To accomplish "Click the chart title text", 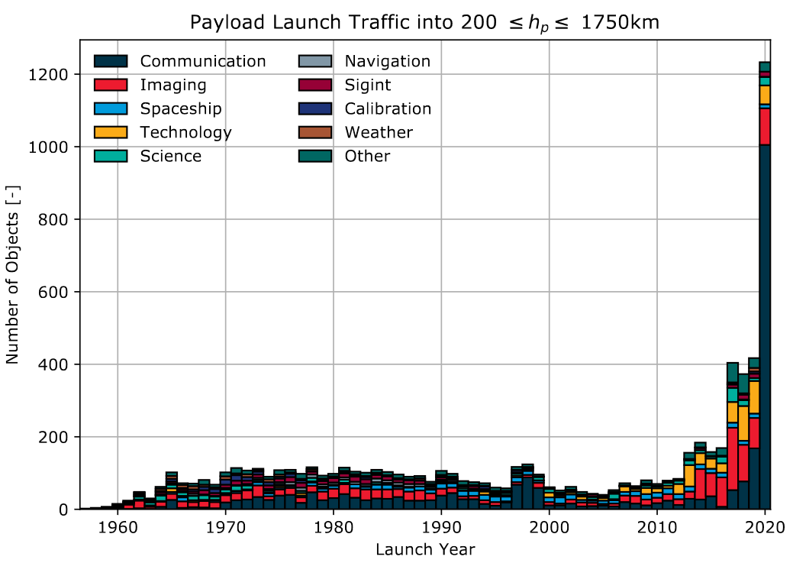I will (424, 24).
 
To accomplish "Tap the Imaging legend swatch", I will (111, 85).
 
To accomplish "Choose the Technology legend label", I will (185, 132).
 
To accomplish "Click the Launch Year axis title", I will (424, 549).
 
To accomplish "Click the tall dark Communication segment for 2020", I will (765, 328).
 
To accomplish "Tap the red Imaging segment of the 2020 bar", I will (765, 127).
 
